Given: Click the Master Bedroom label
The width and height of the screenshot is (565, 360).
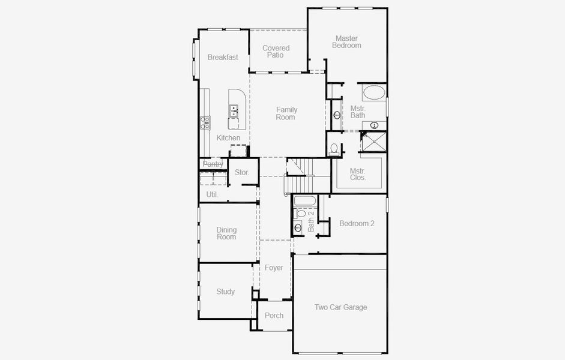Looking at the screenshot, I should click(347, 42).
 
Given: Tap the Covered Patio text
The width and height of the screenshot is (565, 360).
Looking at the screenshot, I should click(276, 52).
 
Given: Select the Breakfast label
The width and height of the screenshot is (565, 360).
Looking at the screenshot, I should click(223, 58).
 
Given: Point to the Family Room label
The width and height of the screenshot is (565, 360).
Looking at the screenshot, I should click(286, 113).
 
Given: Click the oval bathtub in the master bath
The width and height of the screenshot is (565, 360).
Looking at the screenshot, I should click(375, 93).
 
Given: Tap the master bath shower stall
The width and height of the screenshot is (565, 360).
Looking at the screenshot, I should click(373, 142).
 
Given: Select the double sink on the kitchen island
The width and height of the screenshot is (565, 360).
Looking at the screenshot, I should click(234, 110).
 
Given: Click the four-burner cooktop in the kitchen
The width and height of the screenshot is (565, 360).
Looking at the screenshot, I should click(205, 123).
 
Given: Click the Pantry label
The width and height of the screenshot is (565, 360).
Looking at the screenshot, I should click(213, 164).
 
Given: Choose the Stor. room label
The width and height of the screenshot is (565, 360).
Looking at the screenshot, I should click(242, 173).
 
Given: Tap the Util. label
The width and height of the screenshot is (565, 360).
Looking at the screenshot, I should click(213, 194).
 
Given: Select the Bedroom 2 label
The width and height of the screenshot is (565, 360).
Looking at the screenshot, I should click(357, 224).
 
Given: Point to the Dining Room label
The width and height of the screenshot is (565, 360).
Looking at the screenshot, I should click(226, 233).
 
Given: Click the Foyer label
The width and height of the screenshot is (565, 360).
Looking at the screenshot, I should click(274, 268).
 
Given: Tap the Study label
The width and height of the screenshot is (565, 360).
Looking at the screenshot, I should click(225, 292).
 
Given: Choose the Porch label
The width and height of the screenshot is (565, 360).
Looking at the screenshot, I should click(274, 316).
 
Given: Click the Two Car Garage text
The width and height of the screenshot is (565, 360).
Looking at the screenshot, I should click(340, 307).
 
